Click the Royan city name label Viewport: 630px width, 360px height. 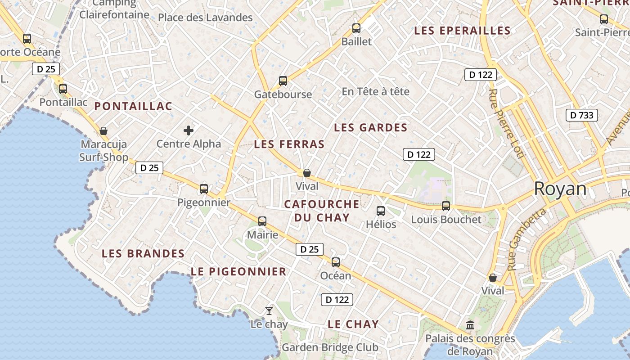(x=560, y=189)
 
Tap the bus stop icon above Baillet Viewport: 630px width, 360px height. (x=356, y=28)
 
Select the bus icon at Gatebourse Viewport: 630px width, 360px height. (x=283, y=81)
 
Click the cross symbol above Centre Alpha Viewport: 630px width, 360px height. (x=189, y=130)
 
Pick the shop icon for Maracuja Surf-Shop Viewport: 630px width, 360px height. (x=103, y=131)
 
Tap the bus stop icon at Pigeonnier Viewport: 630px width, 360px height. (x=204, y=189)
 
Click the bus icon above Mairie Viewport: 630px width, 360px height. (x=262, y=221)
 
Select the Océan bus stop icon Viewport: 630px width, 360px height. (x=336, y=262)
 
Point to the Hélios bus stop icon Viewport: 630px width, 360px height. (x=381, y=211)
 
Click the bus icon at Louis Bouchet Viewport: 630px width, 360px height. (x=446, y=206)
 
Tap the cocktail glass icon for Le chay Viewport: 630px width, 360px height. (x=269, y=310)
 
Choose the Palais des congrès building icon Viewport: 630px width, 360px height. (x=470, y=325)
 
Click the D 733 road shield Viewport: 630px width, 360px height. (x=582, y=115)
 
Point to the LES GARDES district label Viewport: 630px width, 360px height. (x=371, y=128)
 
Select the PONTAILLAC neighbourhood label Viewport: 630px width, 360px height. (x=133, y=106)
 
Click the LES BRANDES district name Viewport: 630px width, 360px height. (x=143, y=253)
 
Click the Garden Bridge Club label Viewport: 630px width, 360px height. (x=330, y=347)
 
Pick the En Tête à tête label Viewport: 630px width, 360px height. (x=376, y=91)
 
